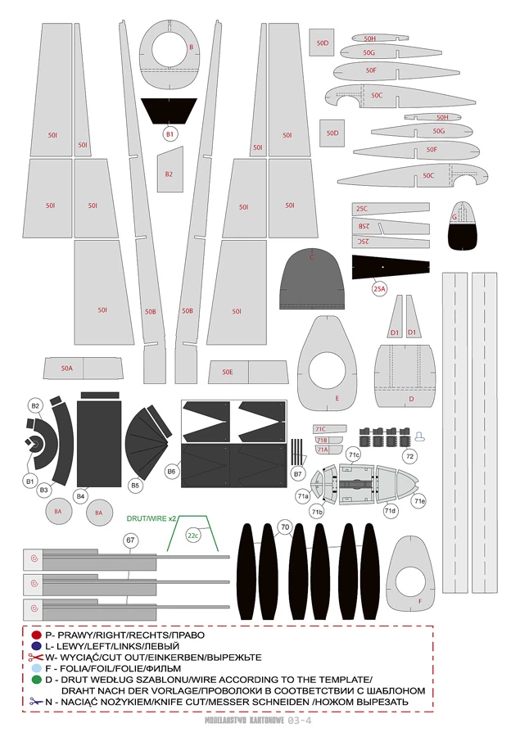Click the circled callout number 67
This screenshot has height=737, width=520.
(x=129, y=540)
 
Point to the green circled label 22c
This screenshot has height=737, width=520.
(x=192, y=536)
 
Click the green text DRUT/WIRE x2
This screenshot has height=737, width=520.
(x=151, y=518)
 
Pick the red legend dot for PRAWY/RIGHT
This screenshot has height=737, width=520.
(x=35, y=635)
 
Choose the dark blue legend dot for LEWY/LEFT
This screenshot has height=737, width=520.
(x=35, y=646)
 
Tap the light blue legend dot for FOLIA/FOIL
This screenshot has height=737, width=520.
(x=35, y=668)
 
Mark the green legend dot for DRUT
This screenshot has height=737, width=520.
(x=35, y=680)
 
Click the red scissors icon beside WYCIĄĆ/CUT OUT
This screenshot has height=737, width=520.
(x=35, y=657)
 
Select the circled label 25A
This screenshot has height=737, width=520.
(x=379, y=288)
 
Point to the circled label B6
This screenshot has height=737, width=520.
(x=172, y=472)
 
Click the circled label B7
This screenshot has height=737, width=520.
(x=298, y=473)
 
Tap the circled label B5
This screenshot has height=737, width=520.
(x=135, y=486)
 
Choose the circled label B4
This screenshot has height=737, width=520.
(x=80, y=495)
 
